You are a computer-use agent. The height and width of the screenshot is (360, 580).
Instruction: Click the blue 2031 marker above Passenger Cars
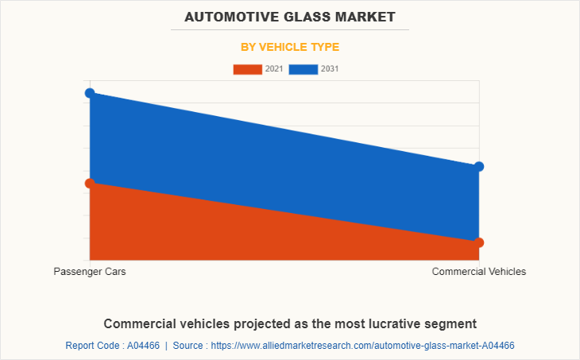tap(90, 93)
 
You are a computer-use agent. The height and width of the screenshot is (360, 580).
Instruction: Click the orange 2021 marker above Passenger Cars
tap(90, 183)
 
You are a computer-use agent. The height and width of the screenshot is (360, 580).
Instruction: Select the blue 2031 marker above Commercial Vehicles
tap(479, 166)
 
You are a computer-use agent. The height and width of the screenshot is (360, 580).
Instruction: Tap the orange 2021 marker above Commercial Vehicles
tap(479, 242)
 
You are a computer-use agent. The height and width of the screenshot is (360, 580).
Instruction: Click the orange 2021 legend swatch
tap(247, 69)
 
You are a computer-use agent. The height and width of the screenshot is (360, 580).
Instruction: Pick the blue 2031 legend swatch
tap(304, 69)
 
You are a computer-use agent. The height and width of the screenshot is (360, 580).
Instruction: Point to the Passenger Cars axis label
tap(90, 272)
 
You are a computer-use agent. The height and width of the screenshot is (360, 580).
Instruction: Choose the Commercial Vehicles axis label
tap(479, 272)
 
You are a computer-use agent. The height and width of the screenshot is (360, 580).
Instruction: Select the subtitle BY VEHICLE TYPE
tap(290, 47)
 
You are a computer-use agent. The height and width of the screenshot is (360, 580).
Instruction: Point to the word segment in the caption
tap(449, 323)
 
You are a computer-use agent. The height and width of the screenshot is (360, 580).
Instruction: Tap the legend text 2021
tap(274, 69)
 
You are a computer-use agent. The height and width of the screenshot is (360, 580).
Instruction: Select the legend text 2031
tap(330, 69)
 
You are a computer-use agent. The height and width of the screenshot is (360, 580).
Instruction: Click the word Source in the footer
tap(190, 346)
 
